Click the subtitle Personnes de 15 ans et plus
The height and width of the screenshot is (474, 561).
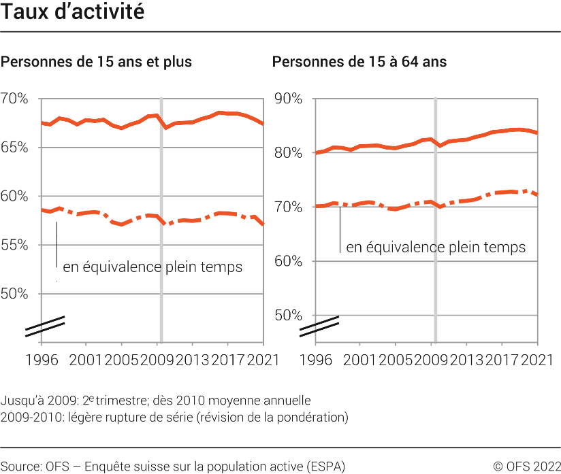click(x=96, y=62)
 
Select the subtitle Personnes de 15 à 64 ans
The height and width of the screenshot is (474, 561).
click(x=359, y=62)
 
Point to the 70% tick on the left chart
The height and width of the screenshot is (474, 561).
click(x=14, y=99)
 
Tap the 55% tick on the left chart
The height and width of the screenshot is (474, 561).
click(x=14, y=246)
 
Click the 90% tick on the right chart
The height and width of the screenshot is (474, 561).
click(x=287, y=99)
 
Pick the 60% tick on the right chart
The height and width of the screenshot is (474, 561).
click(x=287, y=261)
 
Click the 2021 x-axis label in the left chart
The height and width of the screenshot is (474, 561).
click(x=263, y=360)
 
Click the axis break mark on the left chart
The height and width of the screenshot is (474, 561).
click(x=45, y=326)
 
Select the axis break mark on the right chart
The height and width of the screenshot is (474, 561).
click(x=319, y=326)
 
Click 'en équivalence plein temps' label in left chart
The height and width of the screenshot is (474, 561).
click(x=153, y=267)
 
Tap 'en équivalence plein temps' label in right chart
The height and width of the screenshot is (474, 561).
click(x=436, y=248)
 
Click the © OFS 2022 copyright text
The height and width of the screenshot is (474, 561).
click(x=526, y=467)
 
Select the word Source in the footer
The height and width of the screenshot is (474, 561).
click(x=21, y=467)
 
